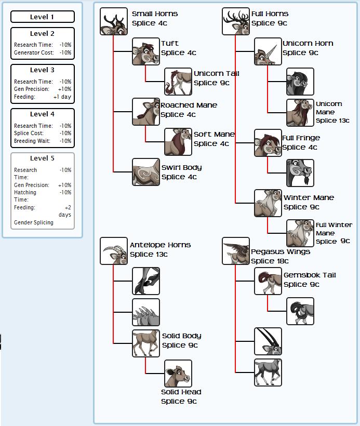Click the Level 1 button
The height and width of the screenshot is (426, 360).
(42, 17)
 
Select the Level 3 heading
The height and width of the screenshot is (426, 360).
(42, 70)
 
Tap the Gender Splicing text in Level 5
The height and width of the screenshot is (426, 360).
(34, 222)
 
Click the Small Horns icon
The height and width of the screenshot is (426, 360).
(114, 21)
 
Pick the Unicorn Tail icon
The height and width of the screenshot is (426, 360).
(178, 82)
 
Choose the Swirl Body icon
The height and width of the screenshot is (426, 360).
(146, 172)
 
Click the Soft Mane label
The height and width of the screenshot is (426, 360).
(214, 134)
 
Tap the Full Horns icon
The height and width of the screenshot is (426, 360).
(236, 21)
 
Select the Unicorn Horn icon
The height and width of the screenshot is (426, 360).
(268, 51)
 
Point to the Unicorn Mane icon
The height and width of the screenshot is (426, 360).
(300, 113)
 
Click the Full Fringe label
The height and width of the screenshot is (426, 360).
(301, 138)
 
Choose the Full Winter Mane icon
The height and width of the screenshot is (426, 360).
(300, 233)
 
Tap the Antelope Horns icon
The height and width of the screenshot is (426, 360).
(114, 251)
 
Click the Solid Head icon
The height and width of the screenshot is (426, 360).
(178, 374)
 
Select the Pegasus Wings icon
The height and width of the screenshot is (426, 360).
(236, 251)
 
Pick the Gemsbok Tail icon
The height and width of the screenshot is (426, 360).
(268, 281)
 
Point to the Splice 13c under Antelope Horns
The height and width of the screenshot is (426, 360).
(149, 254)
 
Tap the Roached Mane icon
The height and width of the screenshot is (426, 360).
(146, 112)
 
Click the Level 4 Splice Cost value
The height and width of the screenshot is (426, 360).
(65, 133)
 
